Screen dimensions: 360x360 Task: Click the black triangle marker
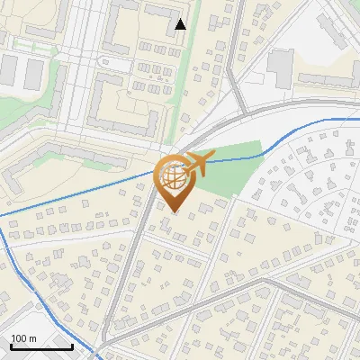point(181,24)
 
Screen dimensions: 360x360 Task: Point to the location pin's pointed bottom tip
point(172,211)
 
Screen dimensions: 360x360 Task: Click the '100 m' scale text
point(23,338)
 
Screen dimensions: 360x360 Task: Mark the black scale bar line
point(41,347)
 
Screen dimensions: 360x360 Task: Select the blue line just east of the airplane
point(238,158)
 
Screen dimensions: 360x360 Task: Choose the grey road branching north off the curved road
point(235,63)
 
